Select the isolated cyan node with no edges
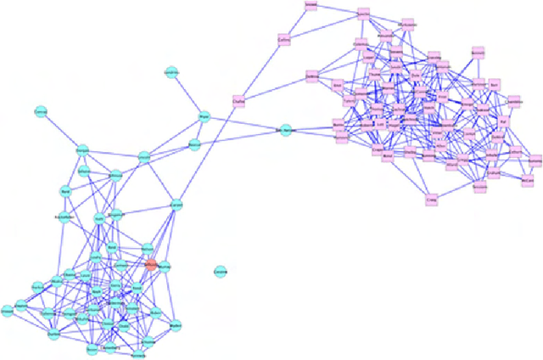click(220, 272)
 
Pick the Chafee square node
click(238, 101)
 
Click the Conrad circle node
click(40, 111)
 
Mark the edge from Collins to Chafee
click(261, 69)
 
